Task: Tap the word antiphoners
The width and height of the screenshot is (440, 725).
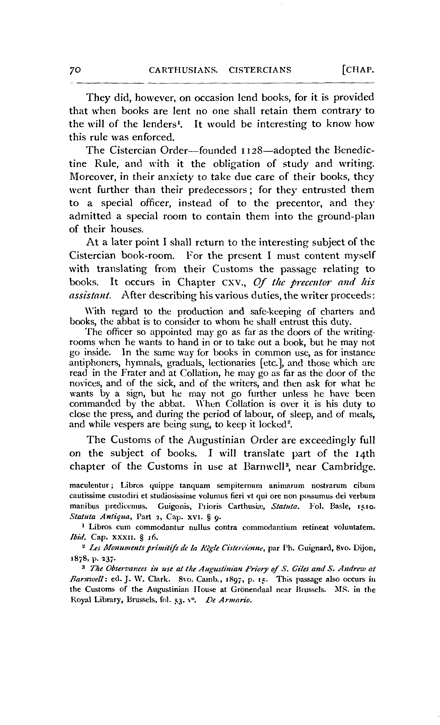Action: [x=92, y=363]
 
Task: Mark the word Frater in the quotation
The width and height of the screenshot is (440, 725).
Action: [x=117, y=373]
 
